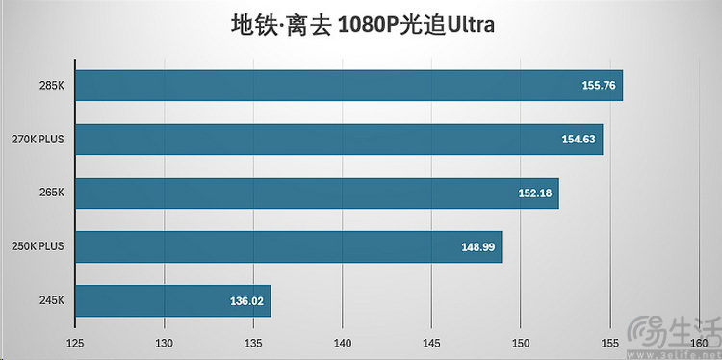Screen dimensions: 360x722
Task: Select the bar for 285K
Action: coord(348,86)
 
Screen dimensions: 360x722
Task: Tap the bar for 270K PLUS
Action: coord(339,140)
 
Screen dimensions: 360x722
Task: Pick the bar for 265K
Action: coord(317,193)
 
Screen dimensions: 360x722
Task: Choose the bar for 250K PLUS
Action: coord(288,247)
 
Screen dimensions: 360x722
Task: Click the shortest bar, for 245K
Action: coord(172,301)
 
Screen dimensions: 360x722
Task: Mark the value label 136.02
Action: coord(248,301)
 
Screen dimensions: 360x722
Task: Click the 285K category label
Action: coord(51,86)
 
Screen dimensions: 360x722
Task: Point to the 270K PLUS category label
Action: coord(38,140)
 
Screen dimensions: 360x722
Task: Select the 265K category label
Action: coord(51,193)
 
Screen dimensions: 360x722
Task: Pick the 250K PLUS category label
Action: coord(38,247)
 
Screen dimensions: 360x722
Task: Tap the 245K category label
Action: coord(51,301)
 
